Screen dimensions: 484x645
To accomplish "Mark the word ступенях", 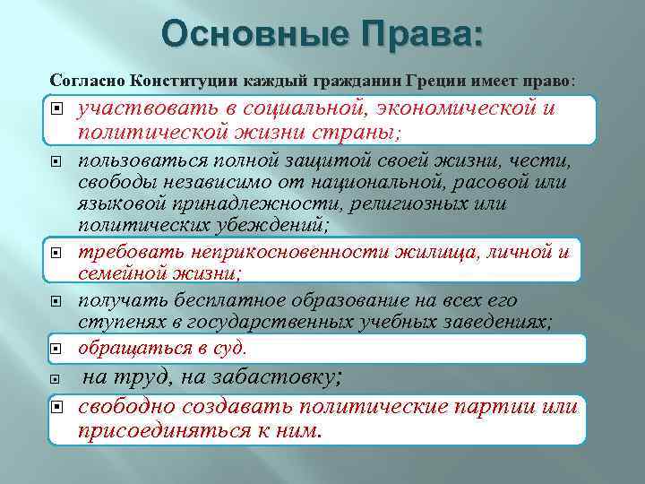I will [x=120, y=323].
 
